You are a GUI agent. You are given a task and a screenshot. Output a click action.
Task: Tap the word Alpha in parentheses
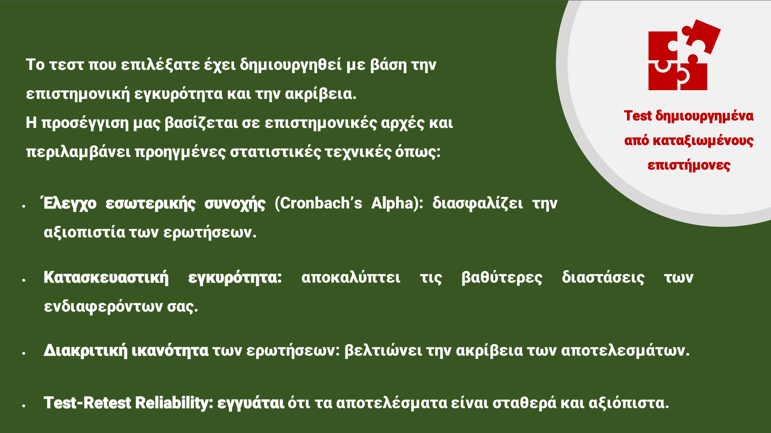[392, 203]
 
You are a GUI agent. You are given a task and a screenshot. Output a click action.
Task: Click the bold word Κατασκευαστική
[106, 277]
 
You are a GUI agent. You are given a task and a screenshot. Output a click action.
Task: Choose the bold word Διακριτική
[85, 351]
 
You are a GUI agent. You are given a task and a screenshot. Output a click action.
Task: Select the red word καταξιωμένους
[689, 141]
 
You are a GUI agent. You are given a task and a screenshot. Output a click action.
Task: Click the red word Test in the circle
[638, 116]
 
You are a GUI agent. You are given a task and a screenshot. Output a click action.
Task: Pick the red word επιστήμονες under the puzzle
[689, 165]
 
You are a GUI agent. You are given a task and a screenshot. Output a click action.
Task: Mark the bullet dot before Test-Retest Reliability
[24, 406]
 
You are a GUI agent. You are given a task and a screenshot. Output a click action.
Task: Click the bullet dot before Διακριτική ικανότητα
[24, 353]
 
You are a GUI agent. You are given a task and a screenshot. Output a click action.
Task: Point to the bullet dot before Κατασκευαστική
[24, 280]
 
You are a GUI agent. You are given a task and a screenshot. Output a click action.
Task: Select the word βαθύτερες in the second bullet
[502, 277]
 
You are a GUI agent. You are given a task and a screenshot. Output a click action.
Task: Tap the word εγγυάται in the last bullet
[251, 403]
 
